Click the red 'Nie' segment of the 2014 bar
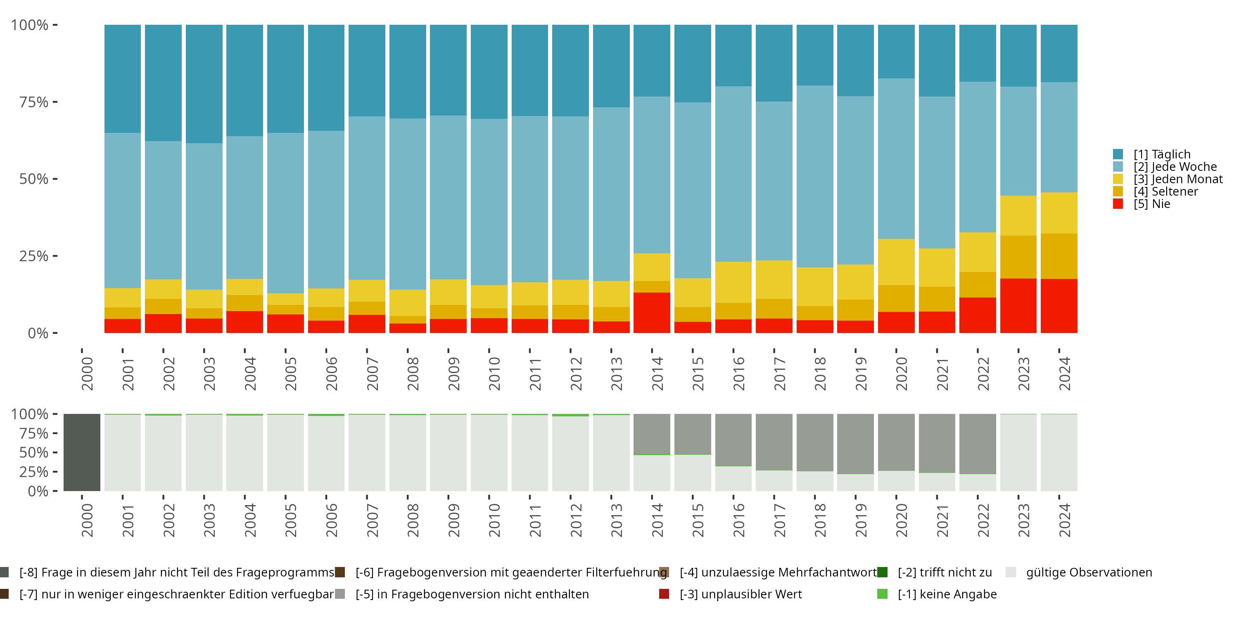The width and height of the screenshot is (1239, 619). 652,312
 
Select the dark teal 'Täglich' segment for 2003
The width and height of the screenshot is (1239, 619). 204,84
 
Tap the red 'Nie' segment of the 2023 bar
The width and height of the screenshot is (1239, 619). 1018,306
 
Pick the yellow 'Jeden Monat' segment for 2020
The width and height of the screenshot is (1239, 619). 896,262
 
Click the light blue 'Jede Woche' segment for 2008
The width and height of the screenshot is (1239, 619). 407,204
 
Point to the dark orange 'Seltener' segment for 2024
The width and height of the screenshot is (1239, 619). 1059,256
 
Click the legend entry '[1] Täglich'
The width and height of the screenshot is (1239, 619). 1161,154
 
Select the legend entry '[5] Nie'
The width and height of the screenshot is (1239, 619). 1151,204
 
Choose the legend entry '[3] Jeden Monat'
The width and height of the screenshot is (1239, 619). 1177,179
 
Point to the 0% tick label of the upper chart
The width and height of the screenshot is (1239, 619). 38,333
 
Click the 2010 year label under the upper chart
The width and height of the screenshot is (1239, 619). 494,373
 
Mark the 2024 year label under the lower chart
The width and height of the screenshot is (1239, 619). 1064,520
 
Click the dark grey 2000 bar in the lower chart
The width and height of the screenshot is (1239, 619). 82,452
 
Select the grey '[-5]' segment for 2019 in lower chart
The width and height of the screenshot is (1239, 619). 855,444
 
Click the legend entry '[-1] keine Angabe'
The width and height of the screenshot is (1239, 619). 947,594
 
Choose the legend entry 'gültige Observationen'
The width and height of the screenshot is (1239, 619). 1088,572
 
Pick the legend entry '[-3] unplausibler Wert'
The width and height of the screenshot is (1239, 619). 740,594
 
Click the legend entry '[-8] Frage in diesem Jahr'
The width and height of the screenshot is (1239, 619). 176,572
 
